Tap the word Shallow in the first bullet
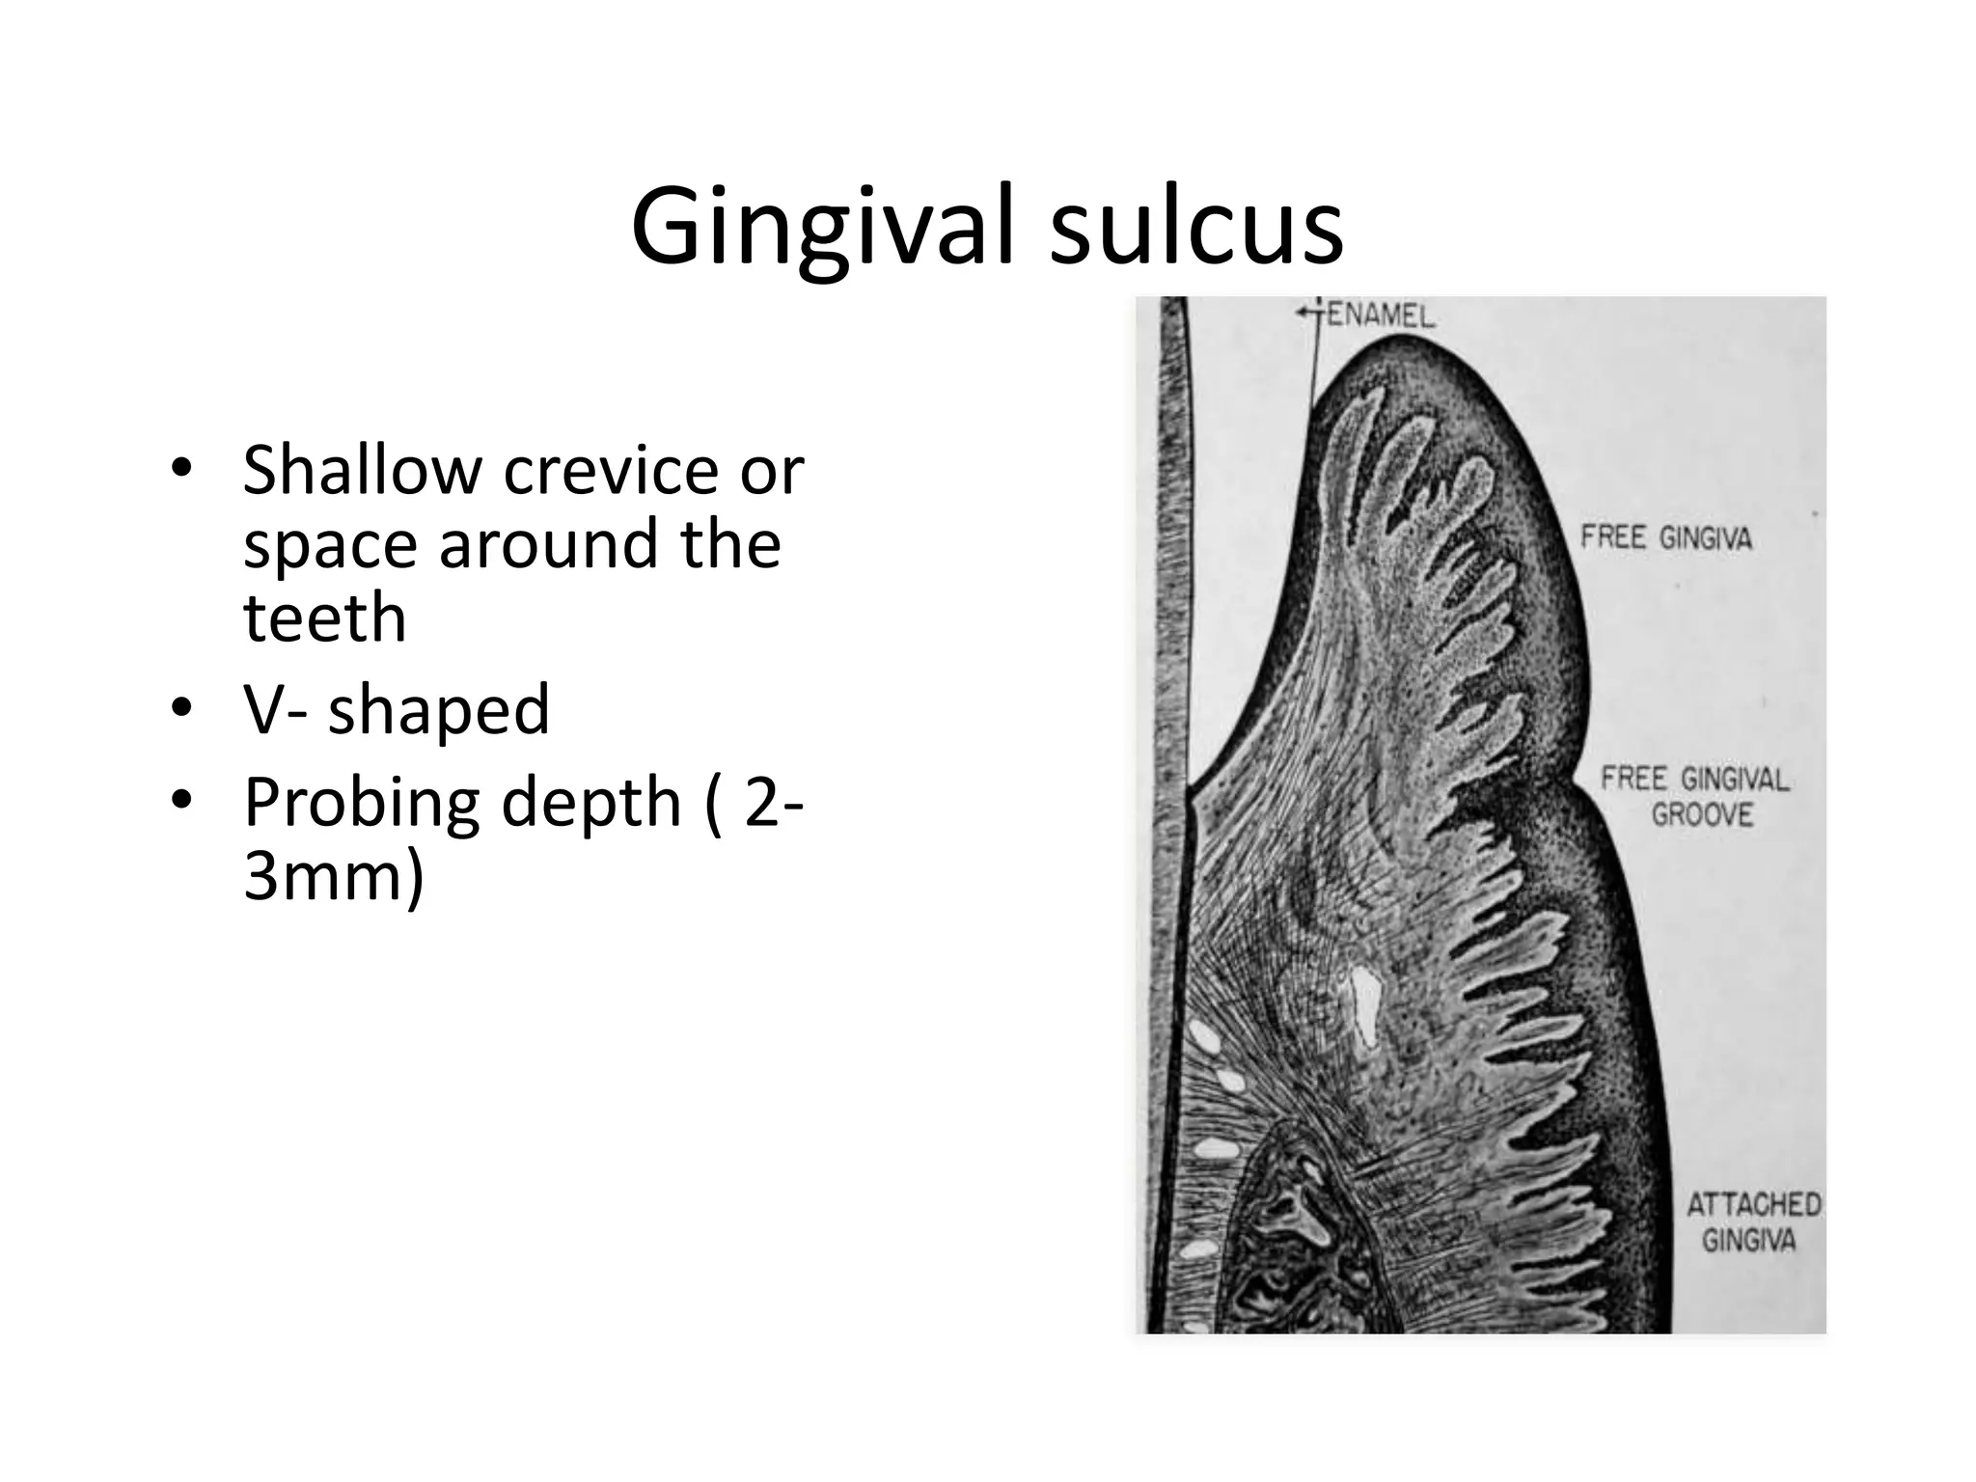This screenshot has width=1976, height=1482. pyautogui.click(x=361, y=470)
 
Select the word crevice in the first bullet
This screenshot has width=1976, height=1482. pyautogui.click(x=610, y=470)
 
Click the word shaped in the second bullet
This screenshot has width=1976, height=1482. pyautogui.click(x=438, y=710)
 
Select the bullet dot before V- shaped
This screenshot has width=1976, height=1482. pyautogui.click(x=180, y=709)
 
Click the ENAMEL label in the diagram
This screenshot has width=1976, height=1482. pyautogui.click(x=1381, y=316)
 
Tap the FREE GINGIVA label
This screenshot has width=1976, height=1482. pyautogui.click(x=1665, y=537)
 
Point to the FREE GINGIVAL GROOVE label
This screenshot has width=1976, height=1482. pyautogui.click(x=1695, y=796)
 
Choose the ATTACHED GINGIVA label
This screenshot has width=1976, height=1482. pyautogui.click(x=1753, y=1221)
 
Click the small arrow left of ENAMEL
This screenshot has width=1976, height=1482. pyautogui.click(x=1308, y=312)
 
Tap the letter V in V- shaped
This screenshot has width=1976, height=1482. pyautogui.click(x=264, y=709)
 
